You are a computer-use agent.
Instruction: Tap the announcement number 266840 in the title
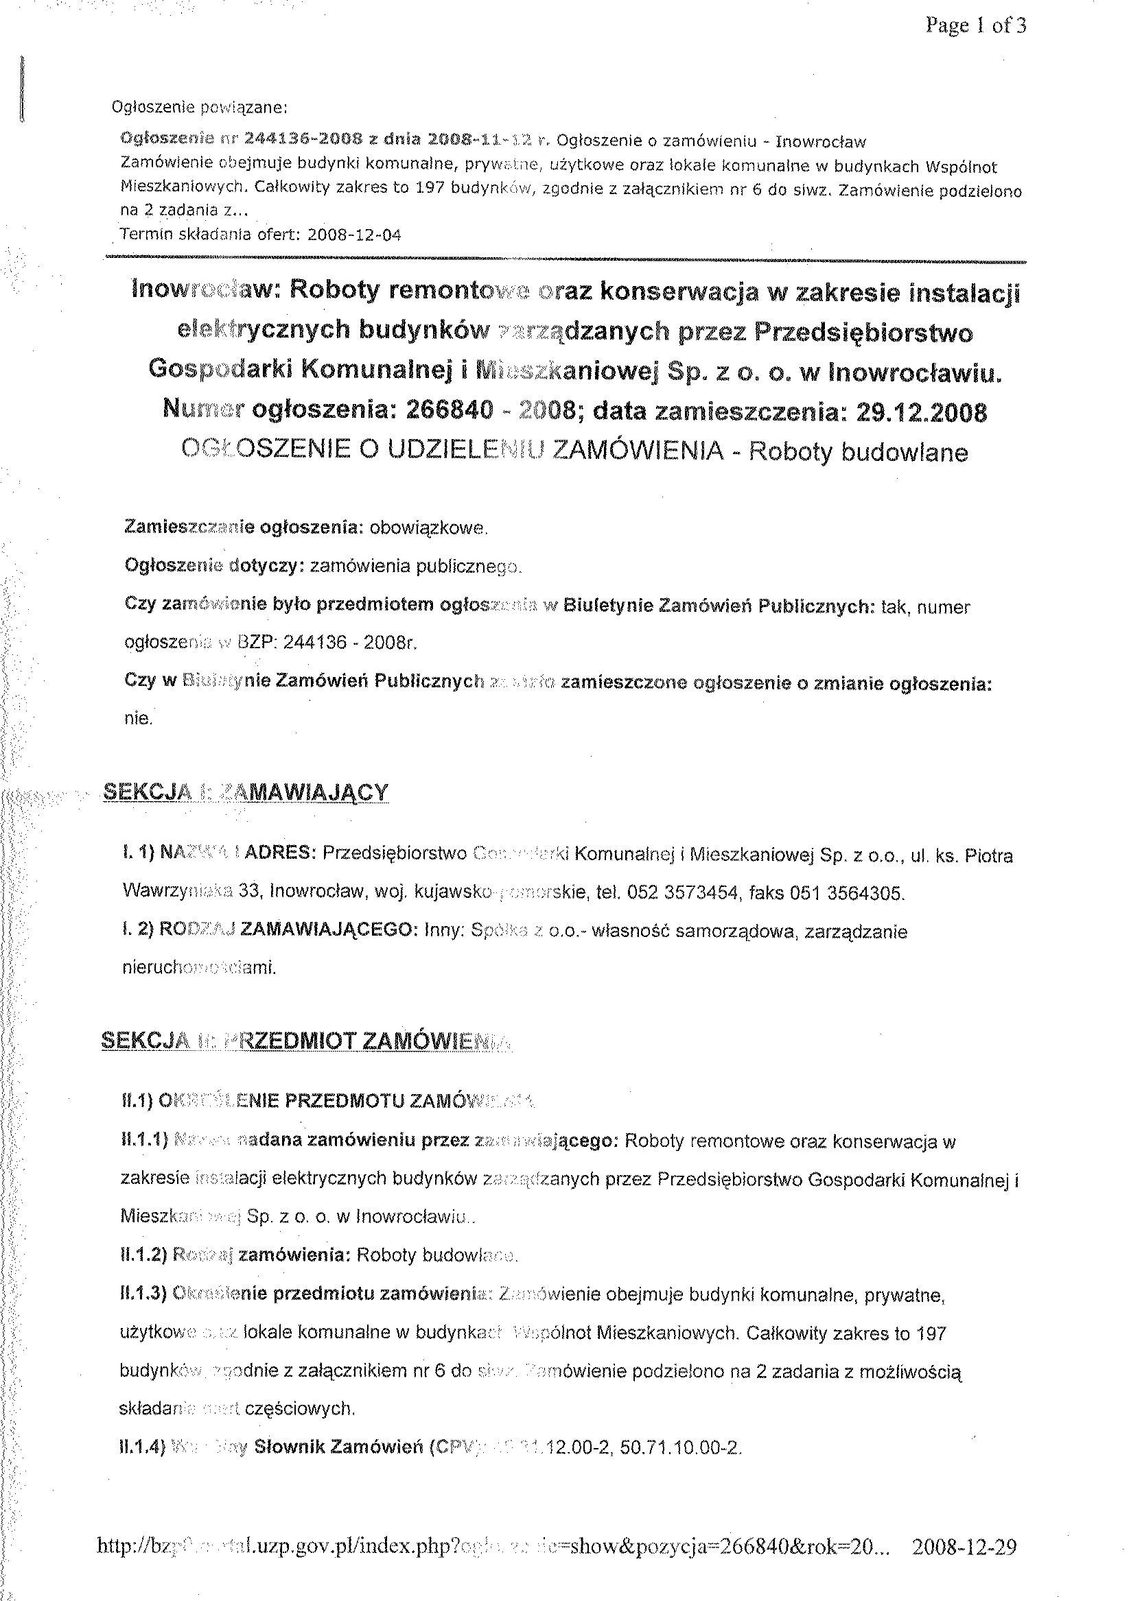click(450, 412)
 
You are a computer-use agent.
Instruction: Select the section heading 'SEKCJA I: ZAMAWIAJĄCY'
click(245, 793)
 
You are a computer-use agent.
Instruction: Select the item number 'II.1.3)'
click(143, 1294)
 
